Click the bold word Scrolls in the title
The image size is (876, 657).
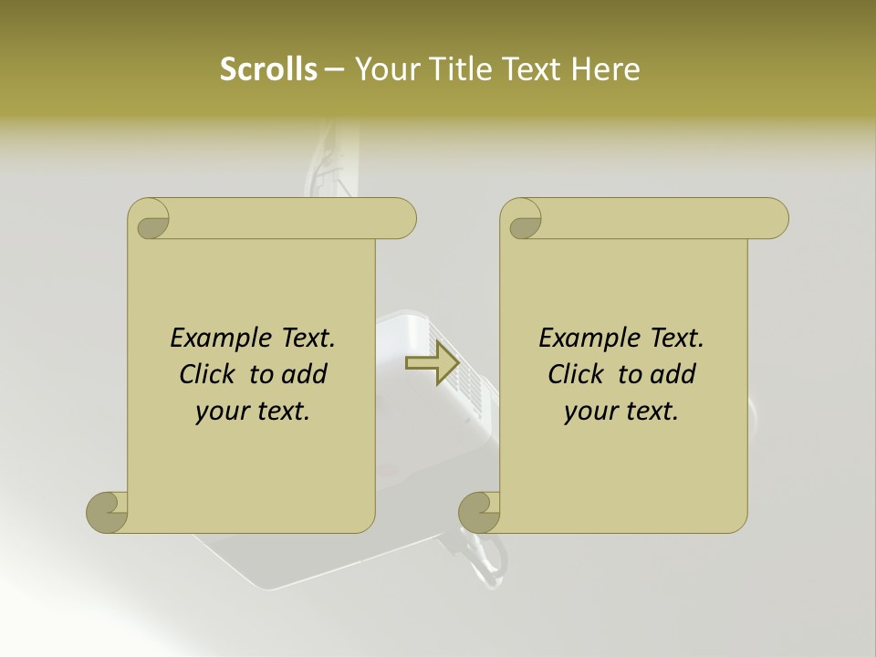(x=268, y=69)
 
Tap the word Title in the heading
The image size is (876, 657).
(x=463, y=69)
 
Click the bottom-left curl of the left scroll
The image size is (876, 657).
(x=108, y=512)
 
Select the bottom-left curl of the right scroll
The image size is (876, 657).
(x=480, y=512)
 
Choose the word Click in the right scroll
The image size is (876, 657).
(x=575, y=374)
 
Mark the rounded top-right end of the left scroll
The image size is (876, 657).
(x=402, y=219)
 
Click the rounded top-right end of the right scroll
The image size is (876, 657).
(x=775, y=219)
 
